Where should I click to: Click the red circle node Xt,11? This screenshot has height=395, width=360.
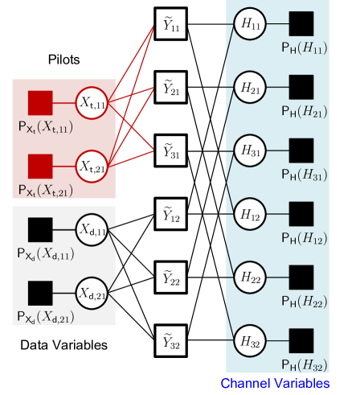92,103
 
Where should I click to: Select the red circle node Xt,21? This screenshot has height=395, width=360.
92,167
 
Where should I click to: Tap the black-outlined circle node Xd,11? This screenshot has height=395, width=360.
92,230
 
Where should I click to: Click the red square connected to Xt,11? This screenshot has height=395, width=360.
40,103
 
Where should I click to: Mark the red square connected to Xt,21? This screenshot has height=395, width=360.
40,167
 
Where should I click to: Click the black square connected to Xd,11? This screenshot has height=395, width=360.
40,230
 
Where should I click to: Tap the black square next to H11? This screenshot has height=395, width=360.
301,23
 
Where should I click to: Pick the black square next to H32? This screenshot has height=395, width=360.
301,340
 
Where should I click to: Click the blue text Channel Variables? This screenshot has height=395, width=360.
275,383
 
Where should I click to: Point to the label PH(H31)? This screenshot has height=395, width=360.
304,175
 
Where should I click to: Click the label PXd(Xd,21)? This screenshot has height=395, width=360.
47,318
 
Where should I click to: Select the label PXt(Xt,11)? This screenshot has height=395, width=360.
47,127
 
